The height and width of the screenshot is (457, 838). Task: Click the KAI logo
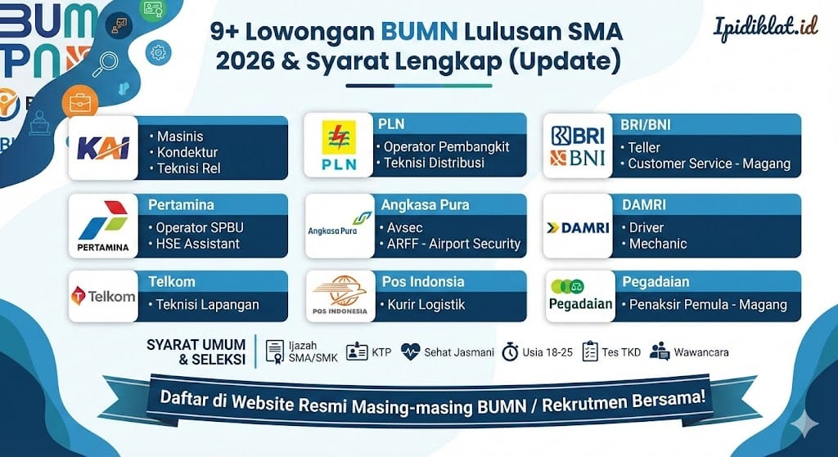[103, 148]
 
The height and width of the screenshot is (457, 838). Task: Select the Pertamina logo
[102, 226]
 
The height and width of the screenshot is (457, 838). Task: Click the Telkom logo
[102, 296]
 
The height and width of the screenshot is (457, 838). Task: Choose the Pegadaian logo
[580, 296]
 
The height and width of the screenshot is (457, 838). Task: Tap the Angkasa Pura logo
[339, 226]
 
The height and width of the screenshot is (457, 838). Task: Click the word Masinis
[180, 137]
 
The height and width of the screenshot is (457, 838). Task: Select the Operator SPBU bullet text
[200, 227]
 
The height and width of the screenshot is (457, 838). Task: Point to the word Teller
[644, 148]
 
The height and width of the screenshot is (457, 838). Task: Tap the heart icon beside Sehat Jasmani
[410, 352]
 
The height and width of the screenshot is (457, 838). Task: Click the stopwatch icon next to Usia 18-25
[510, 352]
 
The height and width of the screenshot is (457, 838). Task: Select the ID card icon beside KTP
[357, 352]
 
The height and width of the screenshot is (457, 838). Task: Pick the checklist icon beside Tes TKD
[589, 352]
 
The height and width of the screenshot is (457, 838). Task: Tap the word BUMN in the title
[420, 33]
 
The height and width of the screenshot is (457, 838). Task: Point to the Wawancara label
[701, 352]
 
